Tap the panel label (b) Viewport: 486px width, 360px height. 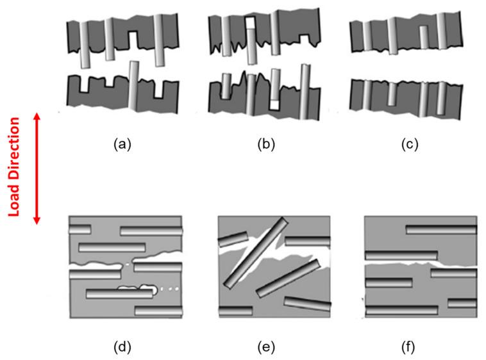point(266,144)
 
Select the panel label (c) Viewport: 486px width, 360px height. point(408,144)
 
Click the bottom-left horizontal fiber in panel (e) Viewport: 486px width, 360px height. point(235,311)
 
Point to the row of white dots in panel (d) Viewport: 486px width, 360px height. point(169,291)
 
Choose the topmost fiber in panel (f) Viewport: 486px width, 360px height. point(441,230)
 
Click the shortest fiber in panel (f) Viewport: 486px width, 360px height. point(462,303)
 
